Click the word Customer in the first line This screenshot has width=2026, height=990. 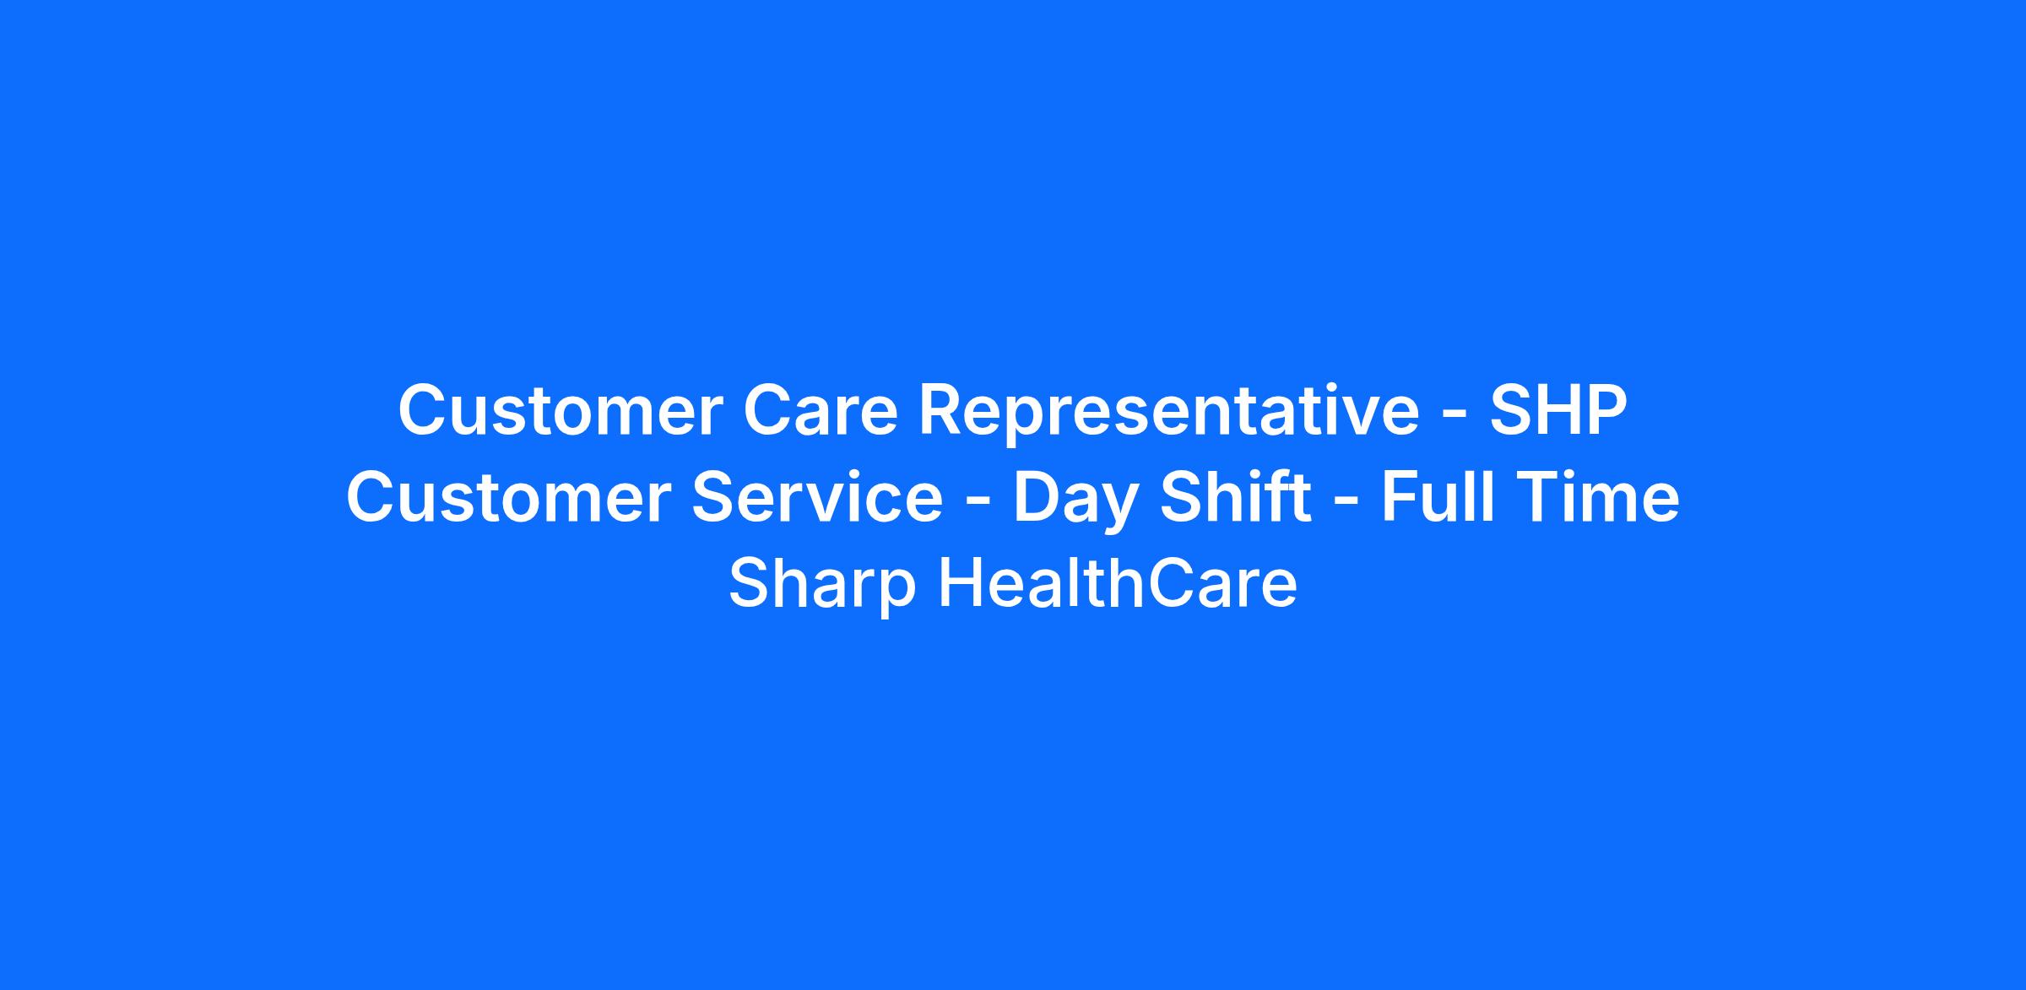pyautogui.click(x=561, y=410)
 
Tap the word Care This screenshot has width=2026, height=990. pyautogui.click(x=820, y=410)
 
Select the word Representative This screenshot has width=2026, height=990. pyautogui.click(x=1169, y=410)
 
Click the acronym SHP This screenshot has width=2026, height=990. pyautogui.click(x=1558, y=410)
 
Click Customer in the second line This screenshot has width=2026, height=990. pyautogui.click(x=508, y=497)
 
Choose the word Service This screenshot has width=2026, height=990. pyautogui.click(x=817, y=497)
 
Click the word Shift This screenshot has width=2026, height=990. pyautogui.click(x=1236, y=497)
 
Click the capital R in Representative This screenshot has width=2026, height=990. pyautogui.click(x=940, y=411)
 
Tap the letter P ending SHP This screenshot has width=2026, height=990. pyautogui.click(x=1606, y=411)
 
